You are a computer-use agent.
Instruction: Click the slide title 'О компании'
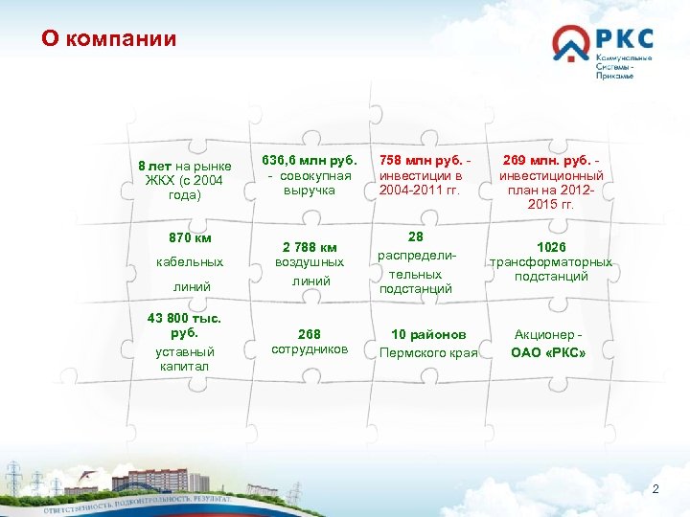click(x=108, y=39)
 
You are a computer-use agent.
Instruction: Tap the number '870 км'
click(x=189, y=237)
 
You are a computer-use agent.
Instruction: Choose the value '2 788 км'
click(x=309, y=246)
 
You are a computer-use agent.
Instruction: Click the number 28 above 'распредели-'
click(x=416, y=236)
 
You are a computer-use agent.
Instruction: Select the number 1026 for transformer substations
click(x=551, y=246)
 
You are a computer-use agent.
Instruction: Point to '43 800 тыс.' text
click(x=183, y=318)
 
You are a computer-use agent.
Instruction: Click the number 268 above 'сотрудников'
click(x=309, y=334)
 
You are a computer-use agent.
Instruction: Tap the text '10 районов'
click(x=429, y=334)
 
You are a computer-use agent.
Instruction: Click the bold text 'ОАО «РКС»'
click(x=548, y=351)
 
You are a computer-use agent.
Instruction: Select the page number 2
click(x=655, y=489)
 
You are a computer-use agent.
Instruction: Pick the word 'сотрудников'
click(x=309, y=349)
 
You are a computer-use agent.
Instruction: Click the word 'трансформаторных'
click(x=551, y=261)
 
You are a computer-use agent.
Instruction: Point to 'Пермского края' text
click(x=428, y=352)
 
